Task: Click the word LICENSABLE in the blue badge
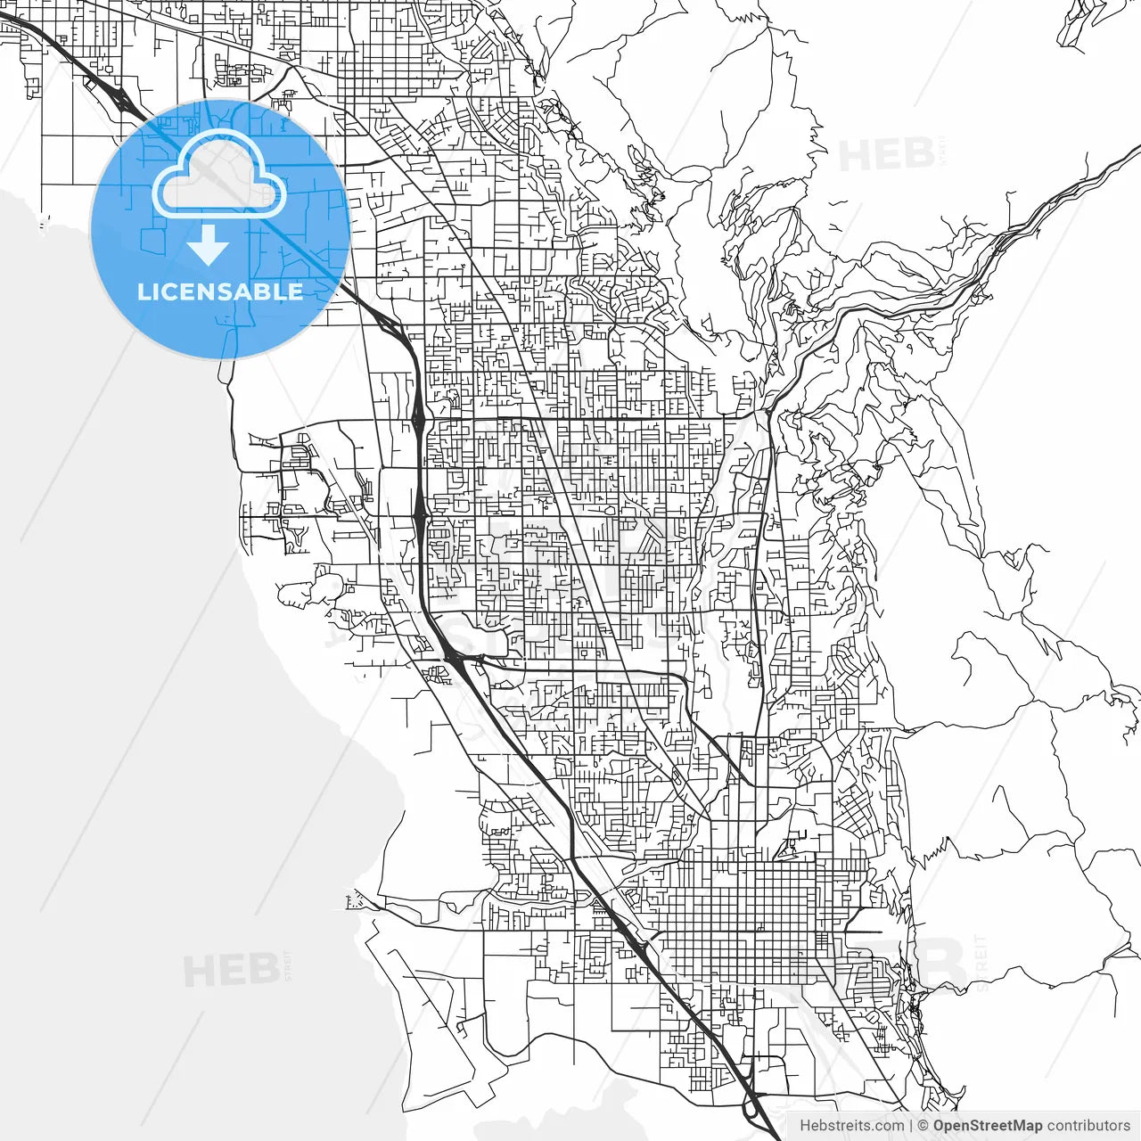(x=220, y=291)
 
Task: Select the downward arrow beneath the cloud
(x=209, y=245)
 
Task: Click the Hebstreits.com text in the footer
(x=850, y=1126)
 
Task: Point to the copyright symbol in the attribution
(x=923, y=1126)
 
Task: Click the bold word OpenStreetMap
(x=988, y=1126)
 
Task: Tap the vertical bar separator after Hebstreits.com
(x=910, y=1126)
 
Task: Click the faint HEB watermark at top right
(x=886, y=155)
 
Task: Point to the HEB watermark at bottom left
(x=230, y=970)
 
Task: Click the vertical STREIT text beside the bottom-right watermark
(x=982, y=963)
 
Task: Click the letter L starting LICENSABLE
(x=143, y=291)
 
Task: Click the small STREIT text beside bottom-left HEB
(x=287, y=965)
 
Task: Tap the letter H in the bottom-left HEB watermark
(x=198, y=970)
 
